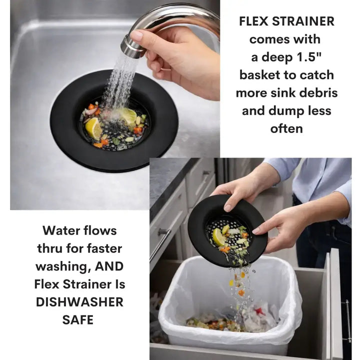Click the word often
coord(286,128)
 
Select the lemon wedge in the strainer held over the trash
coord(218,237)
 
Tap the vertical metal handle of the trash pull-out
coord(345,320)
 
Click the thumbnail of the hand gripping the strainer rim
coord(228,207)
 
